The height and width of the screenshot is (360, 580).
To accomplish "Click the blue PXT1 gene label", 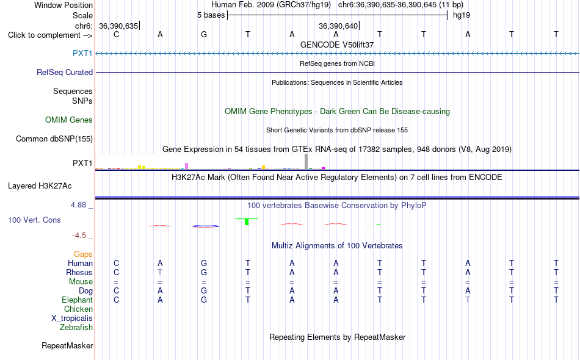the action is click(x=82, y=53).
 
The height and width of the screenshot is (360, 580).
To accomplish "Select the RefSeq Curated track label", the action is click(x=65, y=72).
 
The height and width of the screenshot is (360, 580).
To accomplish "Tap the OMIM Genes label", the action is click(x=69, y=120).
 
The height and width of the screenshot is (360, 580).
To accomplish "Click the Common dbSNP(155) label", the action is click(x=54, y=139).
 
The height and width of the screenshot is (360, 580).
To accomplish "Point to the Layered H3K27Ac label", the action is click(x=40, y=185).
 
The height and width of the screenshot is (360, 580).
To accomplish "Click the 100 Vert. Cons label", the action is click(x=34, y=220).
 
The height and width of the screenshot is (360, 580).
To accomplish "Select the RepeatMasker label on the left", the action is click(x=67, y=345).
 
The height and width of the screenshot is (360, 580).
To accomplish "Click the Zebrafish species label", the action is click(x=76, y=327).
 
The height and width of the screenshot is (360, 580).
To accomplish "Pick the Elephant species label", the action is click(x=78, y=300).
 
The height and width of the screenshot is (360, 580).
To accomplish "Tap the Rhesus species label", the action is click(x=79, y=272).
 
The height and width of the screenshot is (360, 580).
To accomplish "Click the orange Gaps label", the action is click(x=83, y=254).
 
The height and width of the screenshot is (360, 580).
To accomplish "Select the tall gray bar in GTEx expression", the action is click(x=306, y=162).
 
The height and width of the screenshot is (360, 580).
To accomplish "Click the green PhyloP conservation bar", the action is click(x=247, y=221).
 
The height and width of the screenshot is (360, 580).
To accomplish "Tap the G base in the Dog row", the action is click(x=204, y=291).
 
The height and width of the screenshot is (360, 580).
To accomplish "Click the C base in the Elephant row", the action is click(x=117, y=300).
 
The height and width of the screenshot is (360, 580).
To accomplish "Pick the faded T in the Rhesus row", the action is click(x=160, y=272).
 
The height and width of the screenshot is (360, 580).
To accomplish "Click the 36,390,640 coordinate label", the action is click(x=338, y=26).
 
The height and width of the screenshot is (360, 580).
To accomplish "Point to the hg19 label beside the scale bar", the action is click(x=462, y=15).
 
